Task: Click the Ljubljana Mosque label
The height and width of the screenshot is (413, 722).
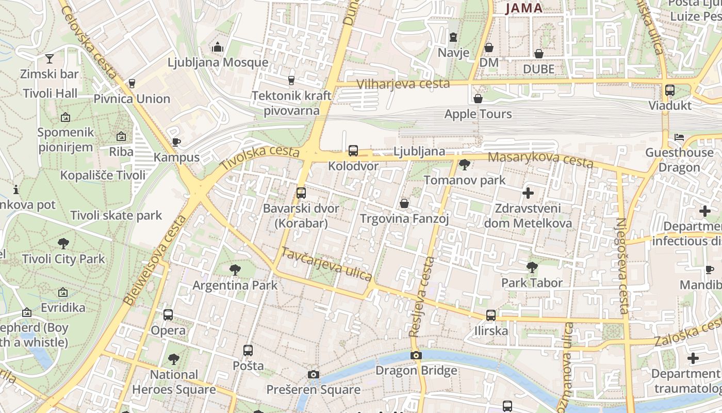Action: coord(218,62)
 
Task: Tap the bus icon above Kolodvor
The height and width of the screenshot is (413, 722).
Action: coord(353,151)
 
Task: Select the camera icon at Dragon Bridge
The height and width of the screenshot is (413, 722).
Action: coord(416,355)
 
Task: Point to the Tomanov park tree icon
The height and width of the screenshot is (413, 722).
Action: coord(464,165)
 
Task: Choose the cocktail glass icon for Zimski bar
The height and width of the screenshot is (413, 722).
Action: coord(50,58)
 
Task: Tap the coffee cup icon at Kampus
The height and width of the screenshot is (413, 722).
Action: coord(176,142)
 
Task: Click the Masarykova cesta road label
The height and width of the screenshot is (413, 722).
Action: coord(540,160)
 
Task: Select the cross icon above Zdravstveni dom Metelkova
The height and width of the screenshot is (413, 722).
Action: coord(528,193)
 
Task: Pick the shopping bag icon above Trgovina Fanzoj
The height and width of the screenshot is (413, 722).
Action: coord(404,203)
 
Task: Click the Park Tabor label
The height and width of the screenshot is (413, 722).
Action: coord(532,282)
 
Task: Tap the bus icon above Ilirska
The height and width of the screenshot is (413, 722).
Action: coord(490,315)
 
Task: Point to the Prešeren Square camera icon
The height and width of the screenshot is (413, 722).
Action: coord(313,374)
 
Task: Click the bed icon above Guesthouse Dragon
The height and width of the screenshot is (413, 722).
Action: coord(679,137)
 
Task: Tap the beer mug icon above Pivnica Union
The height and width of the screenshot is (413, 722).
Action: coord(132,83)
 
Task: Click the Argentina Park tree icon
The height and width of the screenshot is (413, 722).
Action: coord(235,269)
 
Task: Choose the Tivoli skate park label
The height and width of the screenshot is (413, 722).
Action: coord(116,215)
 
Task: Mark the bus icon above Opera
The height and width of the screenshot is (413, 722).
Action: coord(168,315)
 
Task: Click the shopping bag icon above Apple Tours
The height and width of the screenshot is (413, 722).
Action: coord(478,98)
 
